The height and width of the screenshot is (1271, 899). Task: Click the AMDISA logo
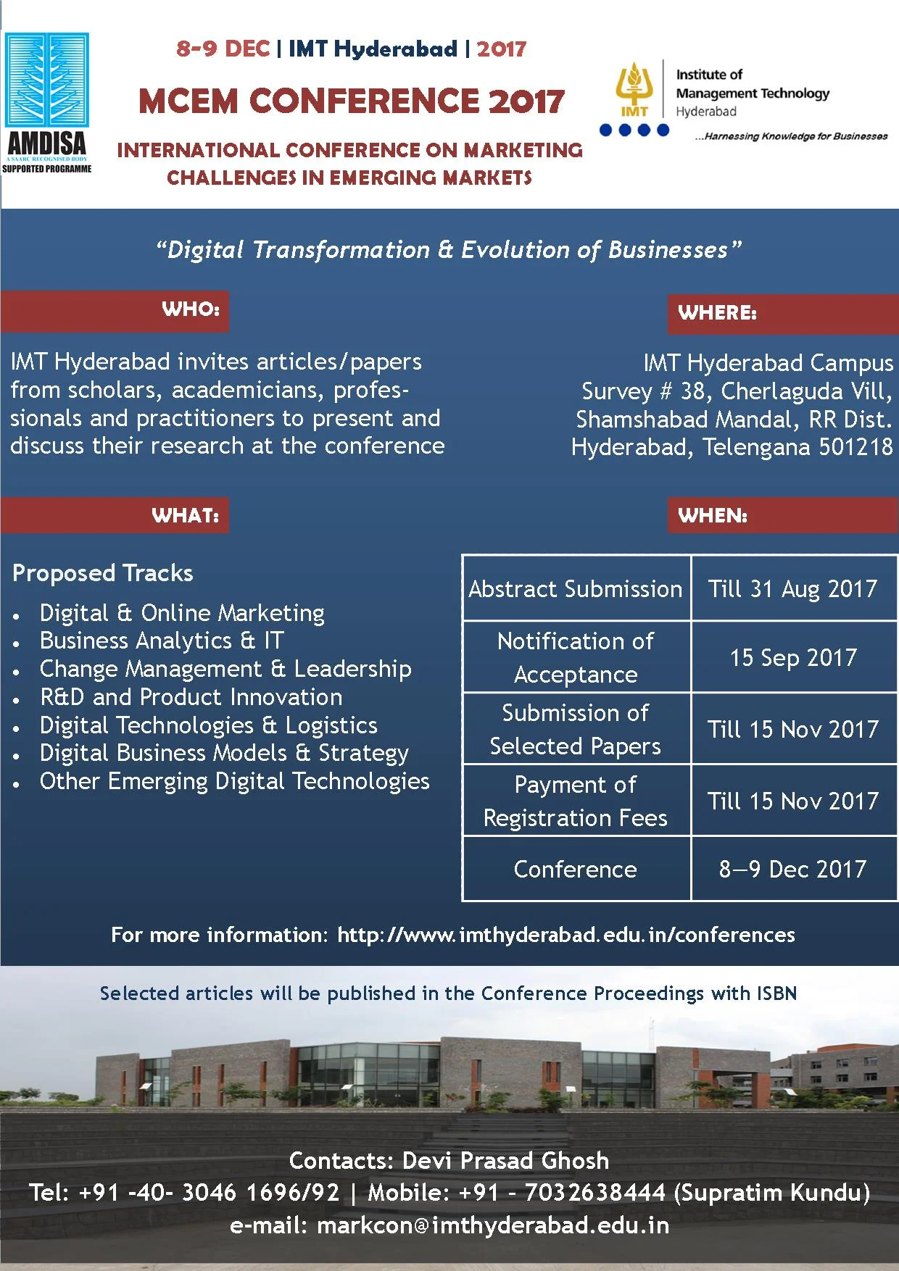(x=47, y=103)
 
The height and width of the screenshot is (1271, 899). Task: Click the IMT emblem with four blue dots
(x=634, y=99)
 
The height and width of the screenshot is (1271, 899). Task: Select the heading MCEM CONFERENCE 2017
(x=351, y=101)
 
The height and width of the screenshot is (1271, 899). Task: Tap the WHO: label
(x=191, y=309)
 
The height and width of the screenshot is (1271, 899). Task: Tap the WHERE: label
(x=718, y=313)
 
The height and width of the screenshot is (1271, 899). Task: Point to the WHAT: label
(x=186, y=516)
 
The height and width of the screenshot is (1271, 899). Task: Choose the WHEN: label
(x=713, y=516)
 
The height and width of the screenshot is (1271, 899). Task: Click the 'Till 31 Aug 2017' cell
(x=794, y=588)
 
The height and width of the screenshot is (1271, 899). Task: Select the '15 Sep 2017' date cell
(x=794, y=657)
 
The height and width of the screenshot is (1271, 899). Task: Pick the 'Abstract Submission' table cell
(x=576, y=588)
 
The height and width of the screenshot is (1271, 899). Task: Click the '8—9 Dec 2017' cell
(x=794, y=869)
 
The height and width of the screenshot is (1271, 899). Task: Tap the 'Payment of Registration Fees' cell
(x=576, y=801)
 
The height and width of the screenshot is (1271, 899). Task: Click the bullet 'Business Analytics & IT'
(x=162, y=641)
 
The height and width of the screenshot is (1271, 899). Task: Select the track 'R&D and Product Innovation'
(x=191, y=697)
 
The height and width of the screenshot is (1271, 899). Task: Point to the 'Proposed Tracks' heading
(x=103, y=574)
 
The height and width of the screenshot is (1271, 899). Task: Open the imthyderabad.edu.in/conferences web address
(x=566, y=935)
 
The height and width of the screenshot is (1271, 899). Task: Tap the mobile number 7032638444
(x=594, y=1192)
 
